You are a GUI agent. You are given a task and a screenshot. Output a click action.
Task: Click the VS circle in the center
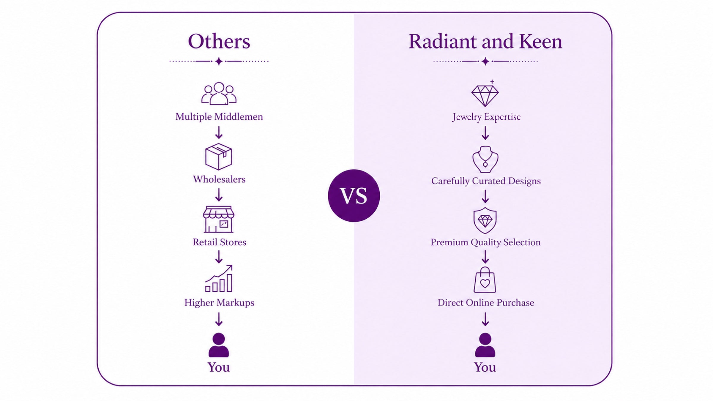point(354,195)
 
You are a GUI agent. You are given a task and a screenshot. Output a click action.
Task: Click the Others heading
point(219,41)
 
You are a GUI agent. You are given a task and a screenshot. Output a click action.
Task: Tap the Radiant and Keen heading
point(485,41)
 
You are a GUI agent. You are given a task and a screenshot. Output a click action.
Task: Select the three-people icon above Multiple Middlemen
point(219,93)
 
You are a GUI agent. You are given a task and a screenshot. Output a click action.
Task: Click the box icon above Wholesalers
point(219,157)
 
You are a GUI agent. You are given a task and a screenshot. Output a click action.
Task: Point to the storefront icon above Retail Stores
point(219,219)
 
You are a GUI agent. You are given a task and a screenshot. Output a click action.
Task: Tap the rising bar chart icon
point(219,278)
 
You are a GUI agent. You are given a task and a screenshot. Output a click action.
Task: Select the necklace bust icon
point(485,159)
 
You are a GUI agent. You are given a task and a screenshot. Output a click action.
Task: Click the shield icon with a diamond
point(485,220)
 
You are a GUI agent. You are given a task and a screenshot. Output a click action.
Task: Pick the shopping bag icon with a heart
point(485,280)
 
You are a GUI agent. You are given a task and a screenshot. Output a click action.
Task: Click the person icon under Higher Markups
point(219,345)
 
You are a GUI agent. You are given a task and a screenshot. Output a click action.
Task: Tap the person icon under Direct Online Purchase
point(485,345)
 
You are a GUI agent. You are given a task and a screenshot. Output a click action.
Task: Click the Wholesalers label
point(219,179)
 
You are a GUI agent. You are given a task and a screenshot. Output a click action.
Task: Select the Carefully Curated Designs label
point(486,181)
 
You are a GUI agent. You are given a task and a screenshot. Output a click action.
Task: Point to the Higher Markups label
point(219,303)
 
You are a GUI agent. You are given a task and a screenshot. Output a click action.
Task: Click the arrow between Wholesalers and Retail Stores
point(219,195)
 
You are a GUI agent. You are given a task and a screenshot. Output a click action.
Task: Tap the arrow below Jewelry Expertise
point(485,133)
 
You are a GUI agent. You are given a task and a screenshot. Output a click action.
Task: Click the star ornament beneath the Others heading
point(219,61)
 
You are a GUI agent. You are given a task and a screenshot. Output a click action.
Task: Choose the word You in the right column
point(485,367)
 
